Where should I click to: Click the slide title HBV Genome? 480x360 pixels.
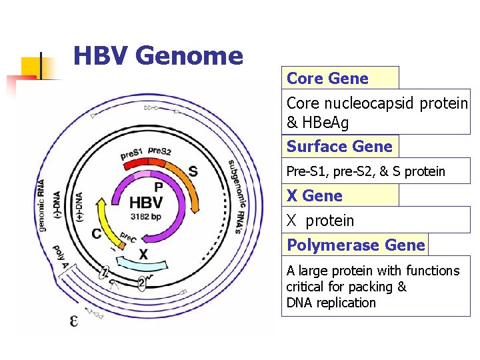click(158, 55)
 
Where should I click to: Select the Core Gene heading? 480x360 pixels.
click(327, 79)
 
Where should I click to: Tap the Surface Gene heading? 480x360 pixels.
click(339, 147)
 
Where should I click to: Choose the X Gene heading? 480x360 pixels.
click(314, 196)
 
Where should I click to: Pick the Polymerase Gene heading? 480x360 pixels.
click(355, 245)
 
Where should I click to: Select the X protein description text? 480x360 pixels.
click(320, 221)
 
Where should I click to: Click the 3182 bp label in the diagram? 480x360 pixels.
click(145, 217)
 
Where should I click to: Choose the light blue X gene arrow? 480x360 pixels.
click(143, 264)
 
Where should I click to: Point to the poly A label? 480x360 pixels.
click(61, 257)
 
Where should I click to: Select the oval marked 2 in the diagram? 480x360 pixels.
click(142, 282)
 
